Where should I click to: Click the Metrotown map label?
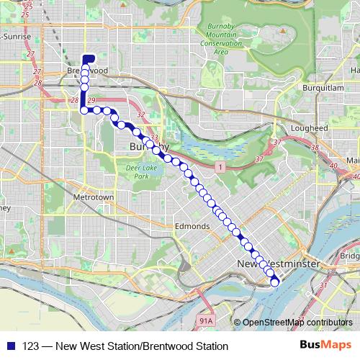(x=94, y=197)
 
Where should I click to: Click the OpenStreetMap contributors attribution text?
(x=297, y=323)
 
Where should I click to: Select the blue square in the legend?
(x=9, y=346)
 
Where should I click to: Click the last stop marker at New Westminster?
(x=274, y=282)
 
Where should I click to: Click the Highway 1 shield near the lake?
(x=216, y=166)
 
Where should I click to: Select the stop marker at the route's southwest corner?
(x=84, y=110)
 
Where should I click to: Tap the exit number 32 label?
(x=142, y=114)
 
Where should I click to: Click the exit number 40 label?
(x=356, y=176)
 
